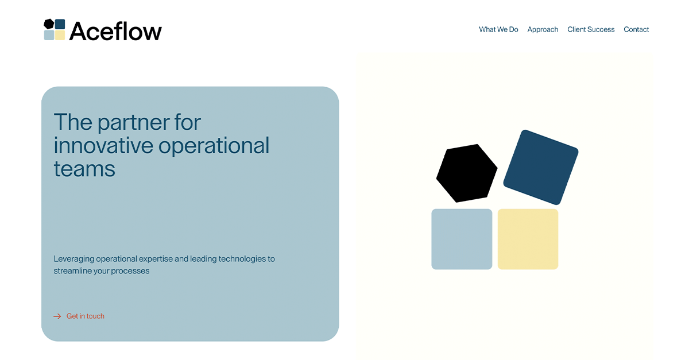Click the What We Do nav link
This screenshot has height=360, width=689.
point(498,29)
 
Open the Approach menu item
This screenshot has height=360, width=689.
point(543,29)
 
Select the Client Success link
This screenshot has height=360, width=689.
point(591,29)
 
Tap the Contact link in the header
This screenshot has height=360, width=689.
point(636,29)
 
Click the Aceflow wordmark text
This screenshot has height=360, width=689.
point(115,31)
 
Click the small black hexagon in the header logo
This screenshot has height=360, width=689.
point(49,24)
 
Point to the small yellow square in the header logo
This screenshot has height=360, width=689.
point(60,35)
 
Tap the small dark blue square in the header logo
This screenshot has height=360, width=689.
point(60,24)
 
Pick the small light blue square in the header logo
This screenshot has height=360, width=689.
point(49,35)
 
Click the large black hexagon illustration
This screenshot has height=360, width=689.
point(466,173)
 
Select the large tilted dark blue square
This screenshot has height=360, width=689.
point(541,167)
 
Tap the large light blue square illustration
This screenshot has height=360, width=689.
point(462,239)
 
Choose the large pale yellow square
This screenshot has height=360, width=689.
point(528,239)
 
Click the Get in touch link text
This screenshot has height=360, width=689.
point(86,316)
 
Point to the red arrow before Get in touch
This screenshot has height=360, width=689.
point(57,316)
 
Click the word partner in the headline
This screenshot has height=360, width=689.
point(127,122)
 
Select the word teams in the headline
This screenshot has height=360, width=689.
point(84,169)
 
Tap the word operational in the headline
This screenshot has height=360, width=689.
point(214,146)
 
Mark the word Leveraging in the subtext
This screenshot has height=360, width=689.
point(74,259)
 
